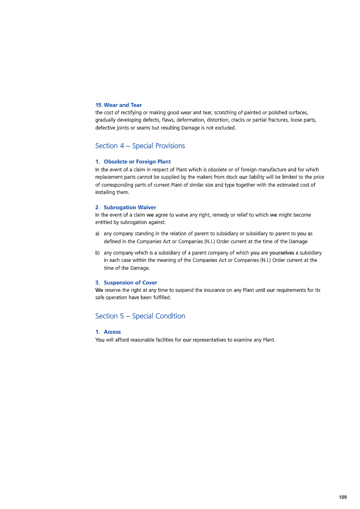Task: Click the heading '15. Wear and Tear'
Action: point(118,105)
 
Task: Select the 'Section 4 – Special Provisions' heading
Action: point(140,146)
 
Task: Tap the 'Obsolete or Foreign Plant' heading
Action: point(137,162)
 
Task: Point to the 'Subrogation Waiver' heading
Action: point(130,208)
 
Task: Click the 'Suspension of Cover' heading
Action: point(130,283)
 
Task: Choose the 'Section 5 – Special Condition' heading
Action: point(140,316)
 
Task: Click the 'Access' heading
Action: point(112,332)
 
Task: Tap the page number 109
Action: point(342,497)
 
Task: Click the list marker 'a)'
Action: point(98,234)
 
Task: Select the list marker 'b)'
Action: point(98,253)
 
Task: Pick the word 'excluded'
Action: point(225,128)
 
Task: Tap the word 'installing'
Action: point(106,192)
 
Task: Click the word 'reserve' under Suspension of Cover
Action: point(113,290)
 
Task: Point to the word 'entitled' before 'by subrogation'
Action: point(105,223)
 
